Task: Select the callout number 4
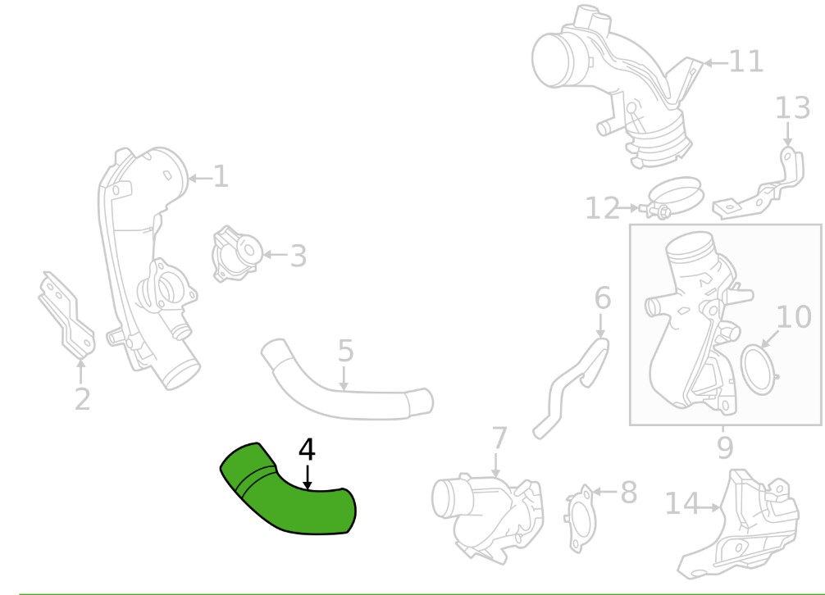307,450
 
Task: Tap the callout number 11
746,61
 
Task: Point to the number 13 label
793,107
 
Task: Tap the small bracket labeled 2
66,316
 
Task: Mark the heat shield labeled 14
739,525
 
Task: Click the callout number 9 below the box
724,447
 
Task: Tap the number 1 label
221,176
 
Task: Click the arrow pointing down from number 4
308,477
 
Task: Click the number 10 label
794,317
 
